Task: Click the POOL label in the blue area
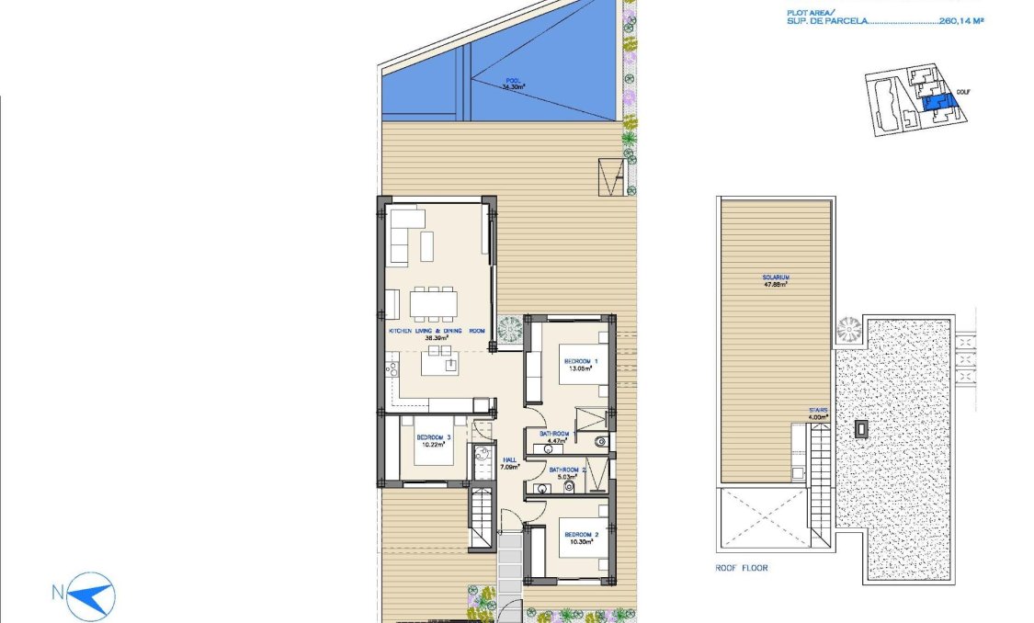(512, 81)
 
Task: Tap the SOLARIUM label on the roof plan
(776, 277)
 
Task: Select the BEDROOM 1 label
(581, 361)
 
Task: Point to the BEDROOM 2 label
(581, 535)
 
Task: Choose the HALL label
(506, 460)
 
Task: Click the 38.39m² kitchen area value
(435, 338)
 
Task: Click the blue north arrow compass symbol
(92, 595)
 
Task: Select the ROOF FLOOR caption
(741, 568)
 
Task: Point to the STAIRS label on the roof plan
(818, 410)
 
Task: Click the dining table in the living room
(433, 301)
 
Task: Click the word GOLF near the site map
(963, 92)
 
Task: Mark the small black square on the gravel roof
(862, 427)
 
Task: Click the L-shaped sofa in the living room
(405, 236)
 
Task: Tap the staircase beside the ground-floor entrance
(481, 519)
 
